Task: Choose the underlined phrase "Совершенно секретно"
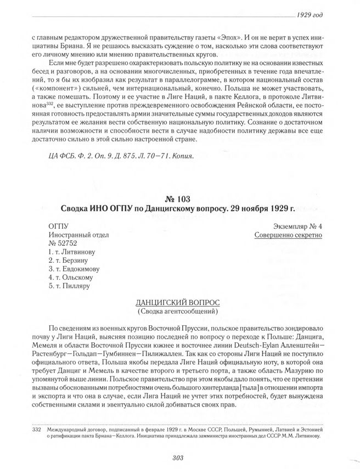[x=289, y=235]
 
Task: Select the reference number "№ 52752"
[x=63, y=244]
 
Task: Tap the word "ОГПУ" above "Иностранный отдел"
[x=58, y=226]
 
